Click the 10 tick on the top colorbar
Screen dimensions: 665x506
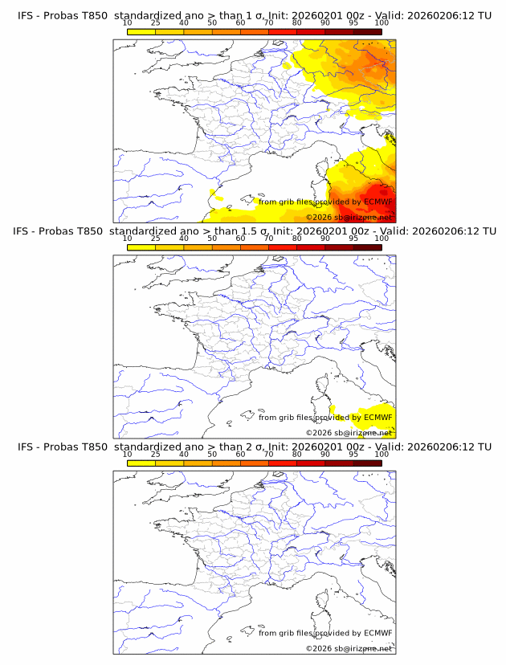click(128, 24)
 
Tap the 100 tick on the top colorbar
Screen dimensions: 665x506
click(382, 24)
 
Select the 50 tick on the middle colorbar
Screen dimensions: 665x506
click(212, 239)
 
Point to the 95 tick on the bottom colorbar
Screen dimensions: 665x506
click(353, 454)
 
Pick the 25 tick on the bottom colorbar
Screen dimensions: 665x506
click(156, 454)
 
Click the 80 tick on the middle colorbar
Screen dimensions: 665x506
click(297, 239)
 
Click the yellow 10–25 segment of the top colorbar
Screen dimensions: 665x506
click(141, 31)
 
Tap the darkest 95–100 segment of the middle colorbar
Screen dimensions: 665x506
click(367, 247)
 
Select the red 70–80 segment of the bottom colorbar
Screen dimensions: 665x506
click(283, 463)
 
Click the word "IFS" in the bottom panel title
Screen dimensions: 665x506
click(27, 447)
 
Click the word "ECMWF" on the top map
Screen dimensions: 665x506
click(377, 202)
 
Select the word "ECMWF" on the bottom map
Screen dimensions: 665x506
click(377, 633)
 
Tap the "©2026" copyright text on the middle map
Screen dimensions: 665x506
click(319, 433)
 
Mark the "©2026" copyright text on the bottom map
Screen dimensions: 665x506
click(319, 648)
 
